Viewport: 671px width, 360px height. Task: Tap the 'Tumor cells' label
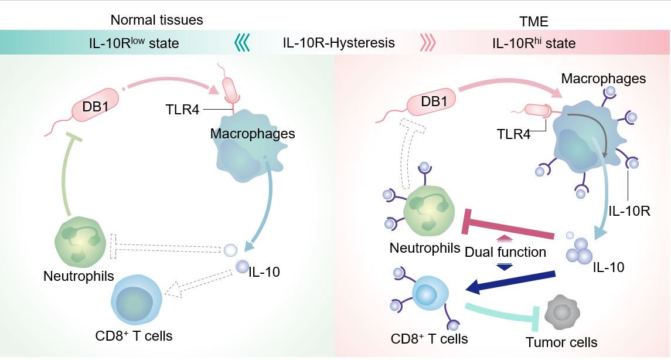[561, 342]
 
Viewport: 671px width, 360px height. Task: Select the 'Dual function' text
[505, 253]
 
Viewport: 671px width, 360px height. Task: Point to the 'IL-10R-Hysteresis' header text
[339, 43]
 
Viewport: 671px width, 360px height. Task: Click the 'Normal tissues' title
[156, 20]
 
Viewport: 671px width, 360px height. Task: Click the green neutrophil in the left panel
[80, 240]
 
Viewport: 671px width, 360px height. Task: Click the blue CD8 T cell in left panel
[138, 298]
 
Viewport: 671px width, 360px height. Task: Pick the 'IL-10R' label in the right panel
[629, 209]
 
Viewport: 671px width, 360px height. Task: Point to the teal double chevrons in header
[242, 43]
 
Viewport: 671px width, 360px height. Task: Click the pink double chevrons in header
[428, 43]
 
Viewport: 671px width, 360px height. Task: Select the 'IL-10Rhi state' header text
[534, 43]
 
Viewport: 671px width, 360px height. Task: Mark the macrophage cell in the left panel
[240, 155]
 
